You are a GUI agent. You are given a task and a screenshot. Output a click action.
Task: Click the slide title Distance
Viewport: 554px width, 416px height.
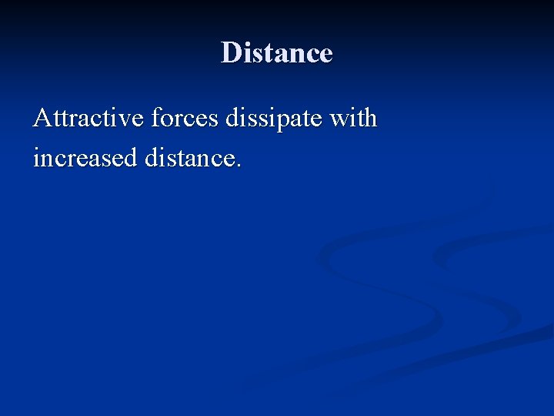pyautogui.click(x=276, y=53)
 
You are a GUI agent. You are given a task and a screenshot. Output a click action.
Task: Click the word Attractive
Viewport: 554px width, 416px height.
pyautogui.click(x=88, y=119)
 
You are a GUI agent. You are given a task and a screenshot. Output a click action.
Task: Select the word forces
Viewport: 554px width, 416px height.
pyautogui.click(x=184, y=119)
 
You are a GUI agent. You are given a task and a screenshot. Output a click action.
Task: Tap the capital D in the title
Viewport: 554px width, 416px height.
pyautogui.click(x=230, y=53)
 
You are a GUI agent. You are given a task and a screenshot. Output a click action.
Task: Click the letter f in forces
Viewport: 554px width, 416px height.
pyautogui.click(x=155, y=118)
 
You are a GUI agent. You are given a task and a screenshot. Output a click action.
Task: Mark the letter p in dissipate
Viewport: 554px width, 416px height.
pyautogui.click(x=286, y=122)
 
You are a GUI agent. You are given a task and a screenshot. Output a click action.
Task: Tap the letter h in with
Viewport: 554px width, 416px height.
pyautogui.click(x=370, y=119)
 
